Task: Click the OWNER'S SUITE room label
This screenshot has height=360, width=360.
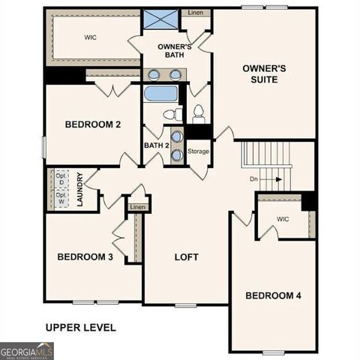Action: tap(264, 73)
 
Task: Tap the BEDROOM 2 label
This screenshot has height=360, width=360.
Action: tap(93, 124)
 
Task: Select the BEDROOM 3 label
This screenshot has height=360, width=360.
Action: tap(85, 257)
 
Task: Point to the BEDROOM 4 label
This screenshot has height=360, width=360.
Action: tap(274, 295)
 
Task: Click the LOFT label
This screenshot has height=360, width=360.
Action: tap(186, 257)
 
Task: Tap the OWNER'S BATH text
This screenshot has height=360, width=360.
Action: tap(175, 52)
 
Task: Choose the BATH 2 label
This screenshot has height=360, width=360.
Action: tap(155, 145)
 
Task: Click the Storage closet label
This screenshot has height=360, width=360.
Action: tap(198, 151)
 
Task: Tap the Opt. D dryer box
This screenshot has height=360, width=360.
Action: tap(60, 178)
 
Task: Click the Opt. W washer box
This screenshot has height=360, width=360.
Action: tap(60, 199)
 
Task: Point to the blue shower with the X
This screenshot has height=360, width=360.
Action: tap(160, 19)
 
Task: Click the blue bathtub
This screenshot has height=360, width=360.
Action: tap(160, 94)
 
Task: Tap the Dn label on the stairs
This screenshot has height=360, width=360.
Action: tap(255, 179)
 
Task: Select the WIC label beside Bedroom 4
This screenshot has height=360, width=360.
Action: tap(283, 220)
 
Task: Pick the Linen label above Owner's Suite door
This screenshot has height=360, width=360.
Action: tap(195, 13)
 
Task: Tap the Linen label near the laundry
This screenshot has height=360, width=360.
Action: tap(137, 207)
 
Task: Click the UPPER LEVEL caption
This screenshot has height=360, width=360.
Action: tap(80, 327)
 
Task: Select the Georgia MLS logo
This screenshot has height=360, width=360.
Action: tap(27, 351)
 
